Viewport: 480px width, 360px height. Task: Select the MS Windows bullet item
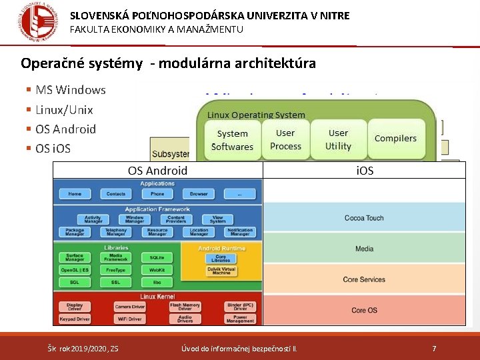[x=70, y=90]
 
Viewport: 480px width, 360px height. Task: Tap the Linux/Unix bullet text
[x=64, y=109]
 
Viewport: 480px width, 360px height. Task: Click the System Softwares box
[x=232, y=140]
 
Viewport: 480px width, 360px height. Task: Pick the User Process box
[x=285, y=139]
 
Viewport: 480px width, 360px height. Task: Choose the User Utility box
[x=338, y=139]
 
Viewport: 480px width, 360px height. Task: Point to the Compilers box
[x=395, y=139]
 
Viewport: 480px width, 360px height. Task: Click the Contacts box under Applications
[x=116, y=194]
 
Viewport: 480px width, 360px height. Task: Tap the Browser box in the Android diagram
[x=199, y=194]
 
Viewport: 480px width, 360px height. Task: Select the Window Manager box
[x=135, y=219]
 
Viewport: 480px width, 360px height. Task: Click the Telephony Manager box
[x=116, y=232]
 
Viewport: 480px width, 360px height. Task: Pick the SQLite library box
[x=157, y=257]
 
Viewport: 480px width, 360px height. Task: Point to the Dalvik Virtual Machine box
[x=221, y=271]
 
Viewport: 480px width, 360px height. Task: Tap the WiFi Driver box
[x=130, y=319]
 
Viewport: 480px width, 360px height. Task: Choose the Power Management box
[x=240, y=319]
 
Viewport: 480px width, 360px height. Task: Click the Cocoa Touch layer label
[x=364, y=218]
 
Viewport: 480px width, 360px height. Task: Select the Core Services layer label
[x=364, y=279]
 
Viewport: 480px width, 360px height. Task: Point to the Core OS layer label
[x=364, y=310]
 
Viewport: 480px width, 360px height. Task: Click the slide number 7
[x=434, y=348]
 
